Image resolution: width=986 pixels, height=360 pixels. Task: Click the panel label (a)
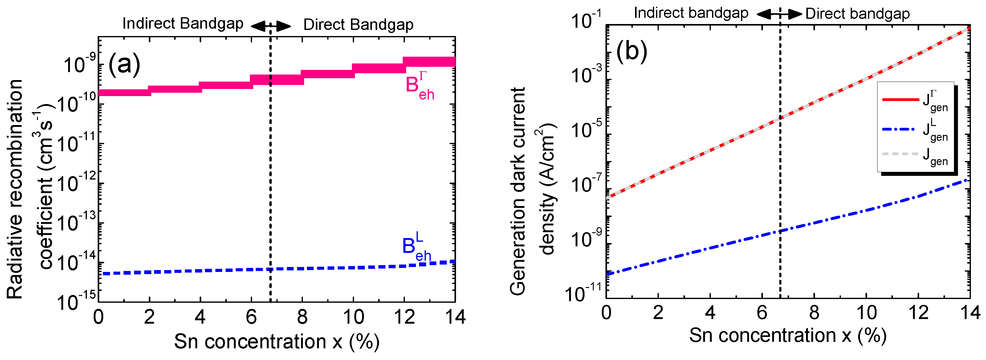(x=124, y=64)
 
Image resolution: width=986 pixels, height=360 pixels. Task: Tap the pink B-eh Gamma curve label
(x=419, y=87)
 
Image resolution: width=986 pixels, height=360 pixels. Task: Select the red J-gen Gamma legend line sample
(x=900, y=99)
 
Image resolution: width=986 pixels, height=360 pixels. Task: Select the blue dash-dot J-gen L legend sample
(x=900, y=129)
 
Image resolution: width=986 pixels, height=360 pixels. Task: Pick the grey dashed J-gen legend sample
(x=900, y=154)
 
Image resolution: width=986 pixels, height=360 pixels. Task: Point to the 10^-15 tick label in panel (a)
(x=76, y=301)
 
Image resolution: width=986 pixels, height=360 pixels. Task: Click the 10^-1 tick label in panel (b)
(x=586, y=21)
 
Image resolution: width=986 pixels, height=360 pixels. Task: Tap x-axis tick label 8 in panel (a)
(x=302, y=317)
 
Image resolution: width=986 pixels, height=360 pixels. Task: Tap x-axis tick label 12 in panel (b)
(x=918, y=313)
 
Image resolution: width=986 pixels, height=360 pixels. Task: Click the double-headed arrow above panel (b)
(x=779, y=14)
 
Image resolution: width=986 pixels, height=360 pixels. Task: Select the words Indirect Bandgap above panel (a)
(x=183, y=24)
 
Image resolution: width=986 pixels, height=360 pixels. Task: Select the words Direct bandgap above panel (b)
(x=858, y=14)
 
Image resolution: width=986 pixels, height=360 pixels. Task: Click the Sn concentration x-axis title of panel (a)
(x=276, y=341)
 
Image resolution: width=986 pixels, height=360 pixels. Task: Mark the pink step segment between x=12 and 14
(x=430, y=62)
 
